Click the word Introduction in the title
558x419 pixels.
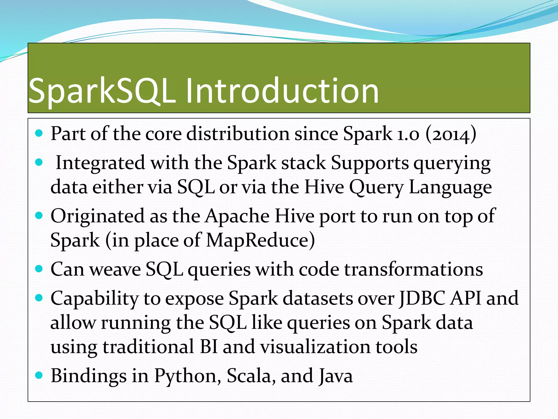(282, 91)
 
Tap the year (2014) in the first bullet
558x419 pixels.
(451, 134)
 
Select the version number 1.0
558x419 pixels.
(408, 134)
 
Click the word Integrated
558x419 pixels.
(100, 163)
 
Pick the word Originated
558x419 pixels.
(97, 216)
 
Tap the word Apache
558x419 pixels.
(237, 216)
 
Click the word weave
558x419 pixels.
(115, 270)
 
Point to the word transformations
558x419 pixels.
(413, 270)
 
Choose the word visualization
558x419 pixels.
(315, 347)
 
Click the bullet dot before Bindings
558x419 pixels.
(39, 375)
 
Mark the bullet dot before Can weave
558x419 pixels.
(39, 269)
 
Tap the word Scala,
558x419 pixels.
(249, 376)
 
